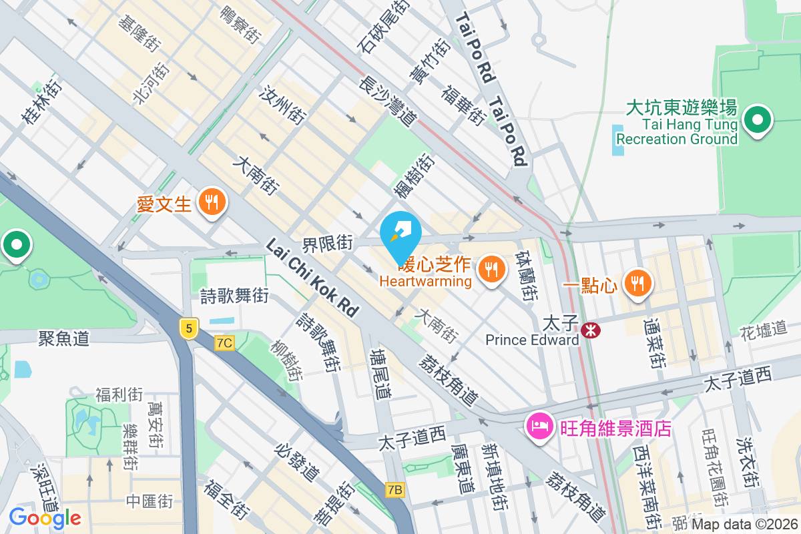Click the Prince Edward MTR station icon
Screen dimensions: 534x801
589,329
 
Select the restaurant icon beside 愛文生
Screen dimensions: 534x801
212,203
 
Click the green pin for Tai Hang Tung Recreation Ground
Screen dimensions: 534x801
758,121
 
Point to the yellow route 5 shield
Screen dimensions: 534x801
190,328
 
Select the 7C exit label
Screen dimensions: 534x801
225,343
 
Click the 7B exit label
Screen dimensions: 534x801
395,490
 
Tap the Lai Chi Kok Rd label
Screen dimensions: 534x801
312,278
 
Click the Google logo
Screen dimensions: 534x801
45,517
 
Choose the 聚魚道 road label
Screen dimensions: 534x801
63,339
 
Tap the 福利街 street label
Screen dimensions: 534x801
120,394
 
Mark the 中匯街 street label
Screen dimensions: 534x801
148,500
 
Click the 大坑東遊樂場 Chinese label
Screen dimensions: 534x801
682,107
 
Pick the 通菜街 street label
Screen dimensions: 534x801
654,342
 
